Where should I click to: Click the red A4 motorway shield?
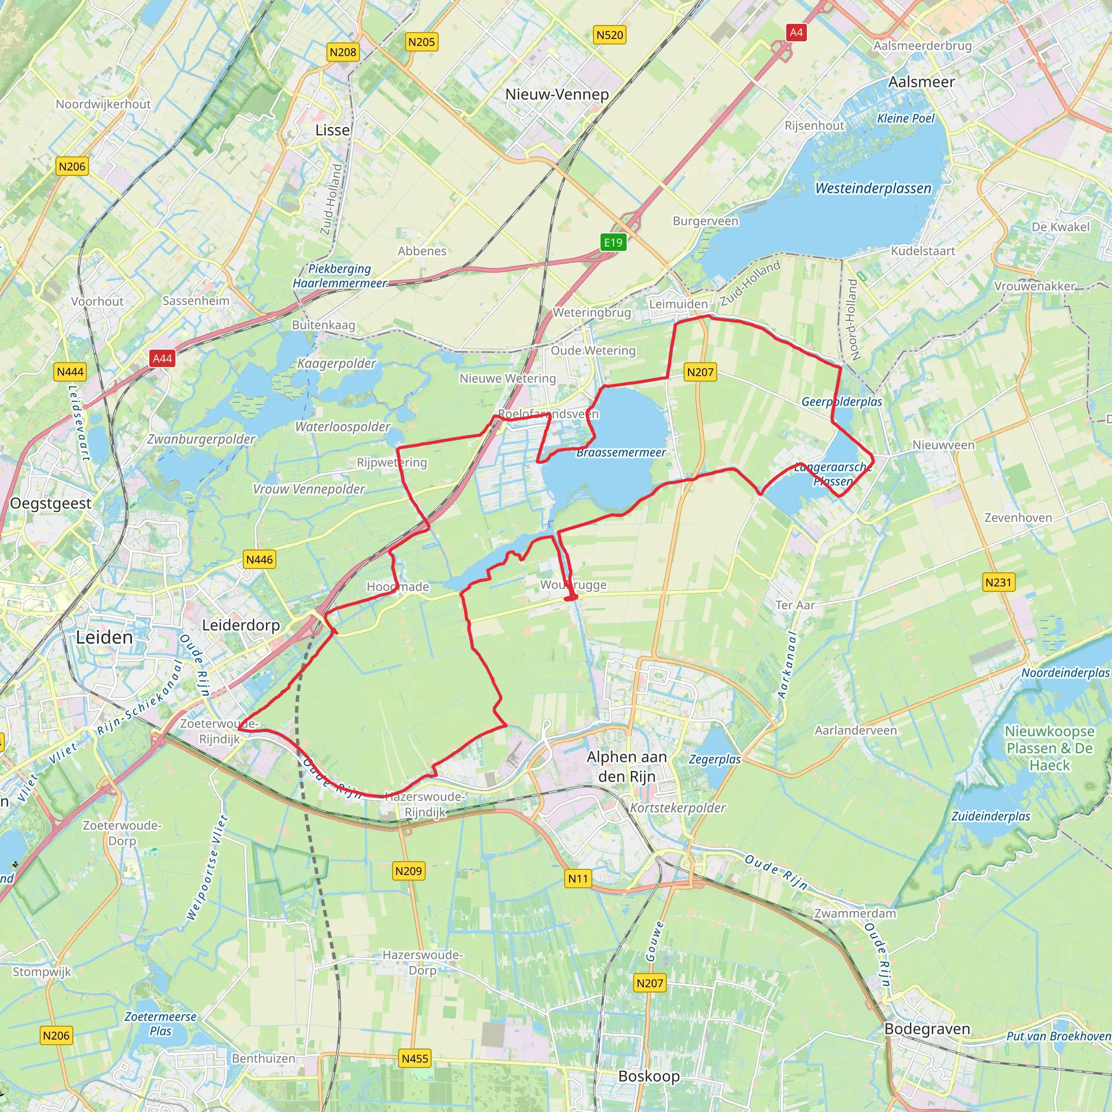pos(796,33)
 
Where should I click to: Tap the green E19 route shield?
pos(613,242)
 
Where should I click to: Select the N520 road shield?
pos(610,35)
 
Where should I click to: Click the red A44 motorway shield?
pos(162,358)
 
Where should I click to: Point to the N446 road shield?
pos(260,559)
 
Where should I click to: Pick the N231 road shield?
pos(998,583)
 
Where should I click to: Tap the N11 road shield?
pos(578,879)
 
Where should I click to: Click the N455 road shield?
pos(415,1058)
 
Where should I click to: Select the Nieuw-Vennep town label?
pos(557,94)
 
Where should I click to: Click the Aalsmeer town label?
pos(921,82)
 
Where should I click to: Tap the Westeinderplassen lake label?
pos(873,188)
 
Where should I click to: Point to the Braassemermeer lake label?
pos(621,452)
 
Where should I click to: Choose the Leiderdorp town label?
pos(241,625)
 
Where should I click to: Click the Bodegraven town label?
pos(927,1028)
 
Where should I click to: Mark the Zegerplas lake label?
pos(715,759)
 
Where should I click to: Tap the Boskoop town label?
pos(649,1076)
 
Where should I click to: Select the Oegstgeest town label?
pos(50,504)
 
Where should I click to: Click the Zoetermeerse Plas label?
pos(161,1024)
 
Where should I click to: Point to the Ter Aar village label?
pos(795,605)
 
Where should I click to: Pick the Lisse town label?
pos(332,130)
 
